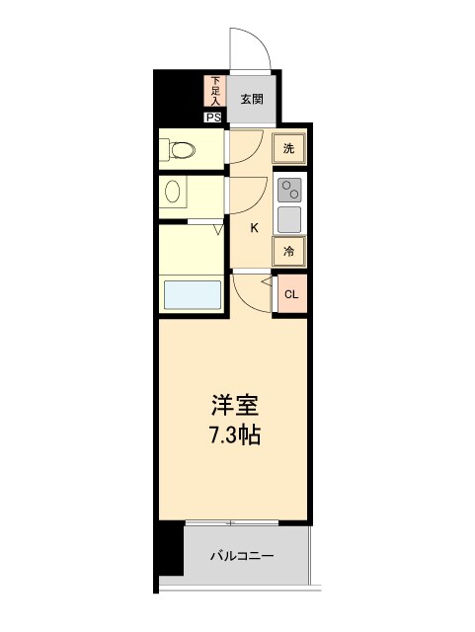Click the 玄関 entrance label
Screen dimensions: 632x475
(x=252, y=99)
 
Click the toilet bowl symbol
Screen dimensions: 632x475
(x=180, y=151)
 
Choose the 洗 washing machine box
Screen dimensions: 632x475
(x=288, y=149)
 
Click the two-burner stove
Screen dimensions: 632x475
(x=289, y=189)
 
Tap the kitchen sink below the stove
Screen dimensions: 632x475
(x=289, y=218)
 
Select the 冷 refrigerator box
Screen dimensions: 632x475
(x=289, y=252)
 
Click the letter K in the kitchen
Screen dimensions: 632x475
(x=254, y=229)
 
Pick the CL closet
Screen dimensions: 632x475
(x=291, y=294)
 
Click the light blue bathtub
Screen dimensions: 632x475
(x=192, y=295)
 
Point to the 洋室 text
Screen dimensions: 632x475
(x=235, y=405)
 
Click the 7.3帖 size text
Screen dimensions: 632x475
(x=235, y=434)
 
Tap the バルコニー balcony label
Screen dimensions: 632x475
(x=242, y=556)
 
